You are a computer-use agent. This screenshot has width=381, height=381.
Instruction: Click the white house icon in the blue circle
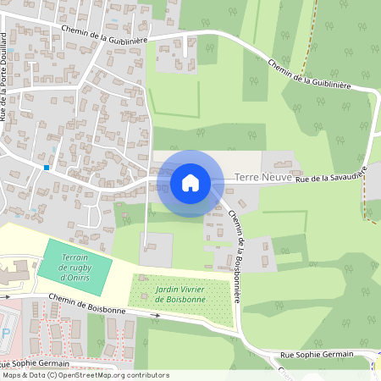coord(190,183)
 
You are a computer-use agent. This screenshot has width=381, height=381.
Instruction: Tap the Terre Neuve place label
coord(262,178)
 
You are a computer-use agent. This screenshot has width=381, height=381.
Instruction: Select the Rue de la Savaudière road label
coord(331,174)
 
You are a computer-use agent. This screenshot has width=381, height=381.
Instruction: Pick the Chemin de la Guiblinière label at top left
coord(105,34)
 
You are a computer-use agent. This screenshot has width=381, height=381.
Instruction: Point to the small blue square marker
coord(47,168)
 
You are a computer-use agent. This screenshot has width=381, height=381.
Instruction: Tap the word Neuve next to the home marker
coord(276,178)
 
